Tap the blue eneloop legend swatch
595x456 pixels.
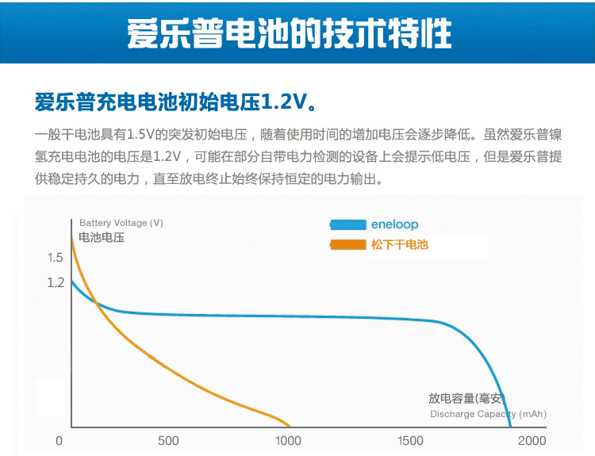(x=347, y=224)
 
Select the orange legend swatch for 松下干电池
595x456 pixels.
(x=347, y=244)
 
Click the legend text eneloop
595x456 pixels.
(x=394, y=224)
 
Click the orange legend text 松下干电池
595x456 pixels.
(x=399, y=244)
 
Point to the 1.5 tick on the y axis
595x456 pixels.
(x=55, y=257)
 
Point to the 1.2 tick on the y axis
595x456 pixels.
(x=55, y=282)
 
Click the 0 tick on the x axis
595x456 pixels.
(x=59, y=441)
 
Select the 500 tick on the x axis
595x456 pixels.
(x=168, y=441)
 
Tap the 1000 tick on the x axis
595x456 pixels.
(x=288, y=441)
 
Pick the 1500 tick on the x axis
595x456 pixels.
(x=410, y=441)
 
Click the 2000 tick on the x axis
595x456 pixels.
(x=532, y=441)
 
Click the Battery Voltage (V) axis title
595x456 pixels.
(x=121, y=223)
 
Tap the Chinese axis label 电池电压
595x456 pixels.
(x=102, y=236)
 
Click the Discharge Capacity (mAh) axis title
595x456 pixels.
(x=488, y=414)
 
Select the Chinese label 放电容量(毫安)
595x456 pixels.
(x=466, y=399)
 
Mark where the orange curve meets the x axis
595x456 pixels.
(x=290, y=427)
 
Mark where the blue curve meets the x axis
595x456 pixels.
(x=510, y=427)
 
